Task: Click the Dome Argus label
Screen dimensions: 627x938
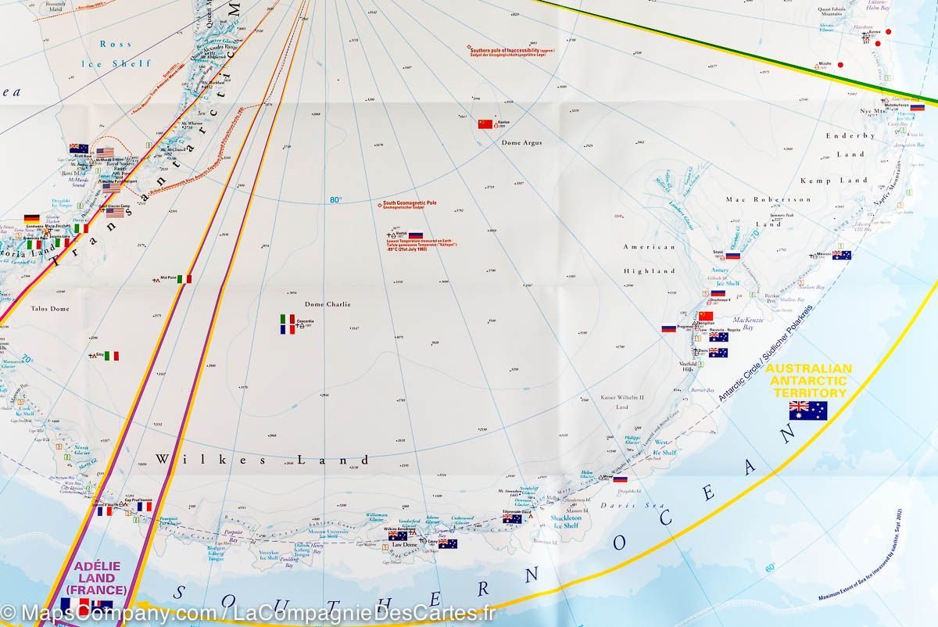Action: pyautogui.click(x=521, y=142)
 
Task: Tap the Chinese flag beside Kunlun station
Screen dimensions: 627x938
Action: pyautogui.click(x=485, y=124)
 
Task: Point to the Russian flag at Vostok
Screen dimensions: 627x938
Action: pyautogui.click(x=415, y=235)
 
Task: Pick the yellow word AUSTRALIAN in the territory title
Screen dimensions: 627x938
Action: pyautogui.click(x=809, y=368)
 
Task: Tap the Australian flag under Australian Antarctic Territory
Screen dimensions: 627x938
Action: pyautogui.click(x=808, y=410)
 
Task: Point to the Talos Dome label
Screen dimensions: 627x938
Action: pyautogui.click(x=50, y=309)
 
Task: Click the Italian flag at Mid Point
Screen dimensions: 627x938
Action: pyautogui.click(x=184, y=278)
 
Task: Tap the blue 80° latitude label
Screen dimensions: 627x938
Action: pyautogui.click(x=335, y=199)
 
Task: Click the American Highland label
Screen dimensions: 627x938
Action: pyautogui.click(x=648, y=259)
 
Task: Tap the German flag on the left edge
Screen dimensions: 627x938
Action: pyautogui.click(x=32, y=219)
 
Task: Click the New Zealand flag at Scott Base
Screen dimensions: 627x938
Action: pyautogui.click(x=78, y=148)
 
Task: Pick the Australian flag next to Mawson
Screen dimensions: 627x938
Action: pyautogui.click(x=841, y=255)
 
